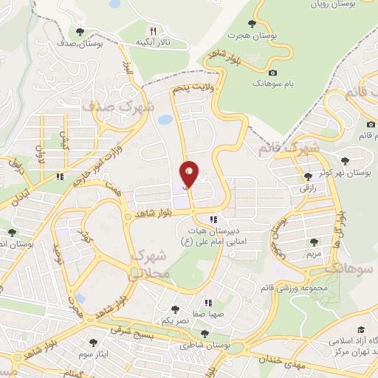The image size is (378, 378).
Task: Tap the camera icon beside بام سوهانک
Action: point(272,72)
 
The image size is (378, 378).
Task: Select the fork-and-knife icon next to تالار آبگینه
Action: point(153,31)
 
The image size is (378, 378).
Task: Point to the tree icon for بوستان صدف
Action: point(80,31)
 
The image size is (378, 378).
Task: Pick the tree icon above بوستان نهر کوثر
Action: point(345,159)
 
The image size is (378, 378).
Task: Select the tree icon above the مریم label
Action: point(314,241)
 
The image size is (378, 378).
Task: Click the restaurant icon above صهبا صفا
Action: point(209,302)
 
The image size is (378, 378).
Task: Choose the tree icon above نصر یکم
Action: point(175,310)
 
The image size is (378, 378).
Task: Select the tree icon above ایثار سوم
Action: point(93,343)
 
